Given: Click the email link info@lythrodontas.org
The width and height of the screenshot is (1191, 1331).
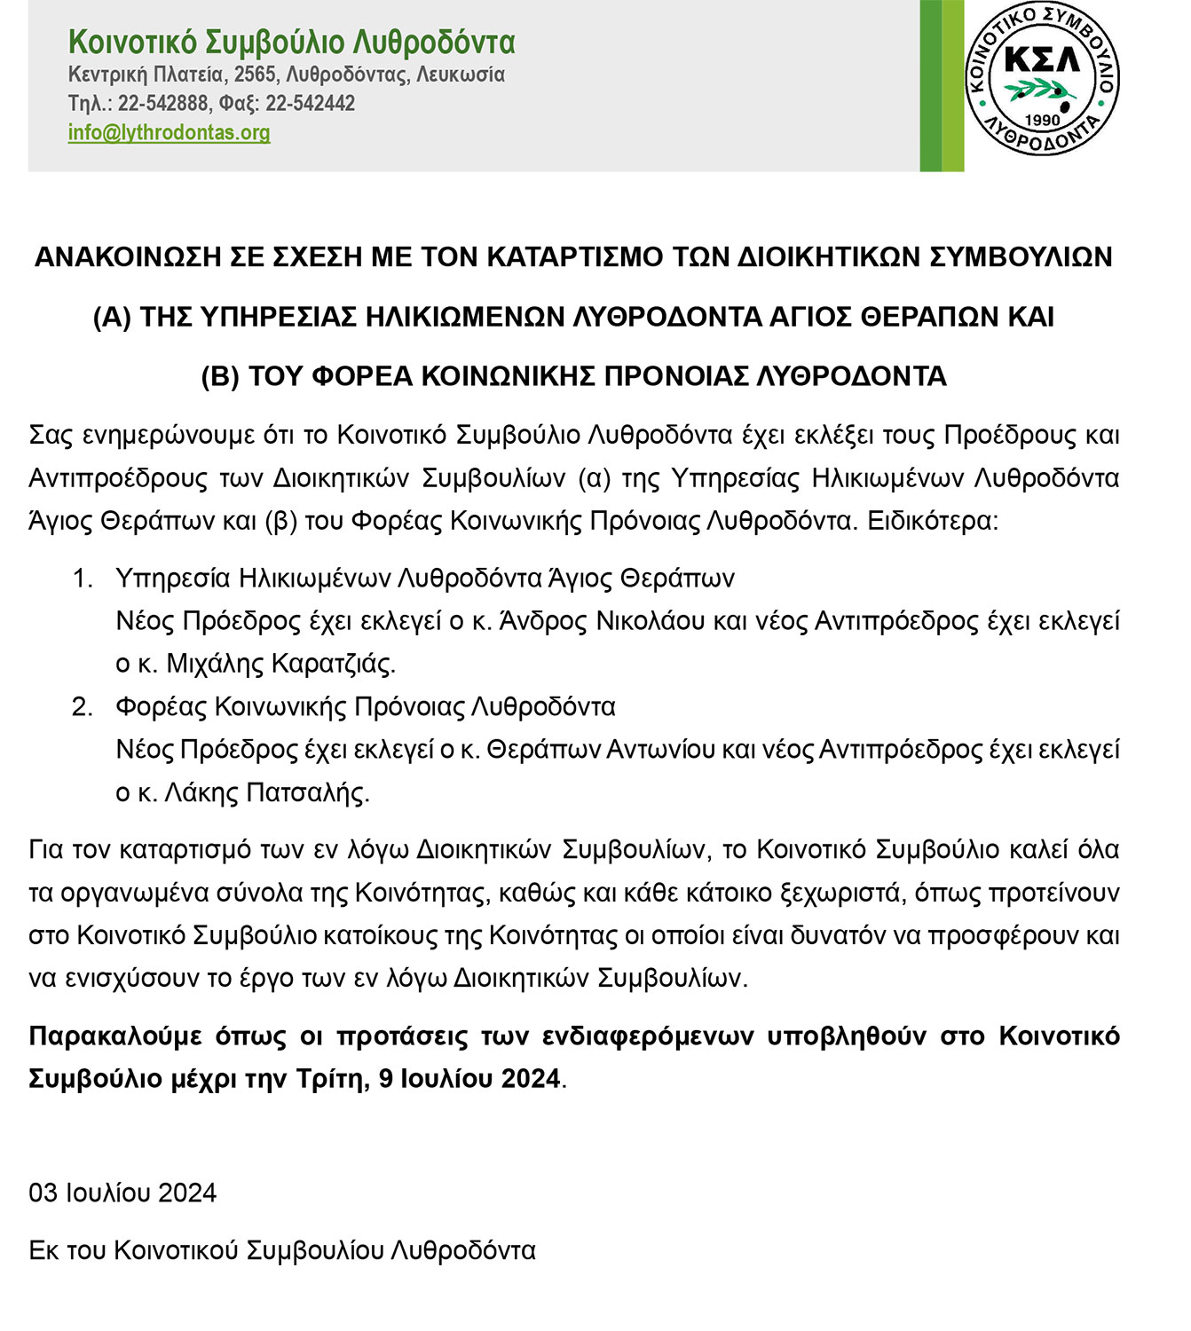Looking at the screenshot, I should coord(169,133).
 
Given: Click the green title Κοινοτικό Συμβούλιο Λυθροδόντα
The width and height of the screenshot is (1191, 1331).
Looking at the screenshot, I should coord(291,42).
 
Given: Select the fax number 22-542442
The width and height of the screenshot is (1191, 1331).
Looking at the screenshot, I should coord(310,104).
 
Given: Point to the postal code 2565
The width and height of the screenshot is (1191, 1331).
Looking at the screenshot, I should coord(255,75).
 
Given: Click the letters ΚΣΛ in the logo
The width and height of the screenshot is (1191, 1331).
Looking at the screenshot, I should coord(1041,59).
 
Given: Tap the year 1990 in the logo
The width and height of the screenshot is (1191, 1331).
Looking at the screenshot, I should coord(1042,120).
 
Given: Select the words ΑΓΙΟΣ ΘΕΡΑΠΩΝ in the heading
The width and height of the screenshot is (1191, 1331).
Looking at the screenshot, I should coord(888,317).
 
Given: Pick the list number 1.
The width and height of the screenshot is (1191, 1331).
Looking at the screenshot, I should coord(83,579).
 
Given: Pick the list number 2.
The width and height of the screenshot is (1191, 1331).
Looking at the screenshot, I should coord(83,707).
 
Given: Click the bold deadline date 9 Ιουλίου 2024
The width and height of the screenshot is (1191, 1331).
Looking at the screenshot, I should coord(469,1079).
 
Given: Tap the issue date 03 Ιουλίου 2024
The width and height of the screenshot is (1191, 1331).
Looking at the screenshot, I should coord(122,1193).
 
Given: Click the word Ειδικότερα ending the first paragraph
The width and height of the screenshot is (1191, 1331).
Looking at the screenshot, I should coord(931,521).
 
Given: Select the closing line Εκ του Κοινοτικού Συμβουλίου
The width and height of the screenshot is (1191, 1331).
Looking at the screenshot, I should coord(282,1250).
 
